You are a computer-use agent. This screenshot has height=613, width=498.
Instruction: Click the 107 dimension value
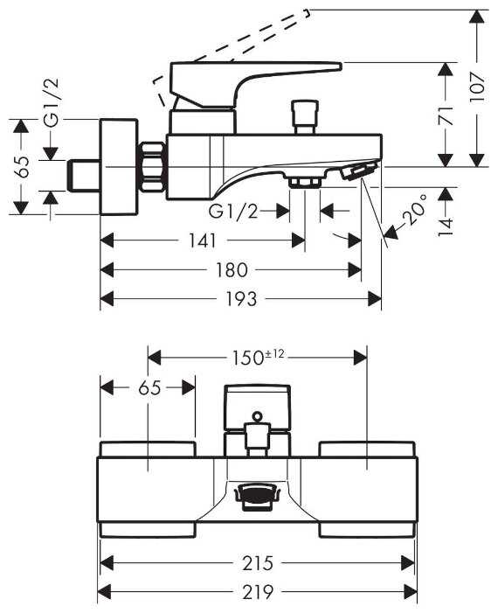pyautogui.click(x=477, y=87)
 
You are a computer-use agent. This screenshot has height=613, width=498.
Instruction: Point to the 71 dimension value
pyautogui.click(x=446, y=115)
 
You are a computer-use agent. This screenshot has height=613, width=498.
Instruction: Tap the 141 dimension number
pyautogui.click(x=203, y=240)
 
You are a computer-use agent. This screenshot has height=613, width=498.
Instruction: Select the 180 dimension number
pyautogui.click(x=232, y=270)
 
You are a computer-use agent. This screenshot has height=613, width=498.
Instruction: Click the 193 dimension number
pyautogui.click(x=241, y=299)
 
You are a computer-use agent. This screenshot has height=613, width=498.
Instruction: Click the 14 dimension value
pyautogui.click(x=446, y=226)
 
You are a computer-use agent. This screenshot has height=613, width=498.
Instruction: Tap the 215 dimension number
pyautogui.click(x=258, y=563)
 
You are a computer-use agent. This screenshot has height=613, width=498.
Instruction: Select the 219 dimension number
pyautogui.click(x=258, y=593)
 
